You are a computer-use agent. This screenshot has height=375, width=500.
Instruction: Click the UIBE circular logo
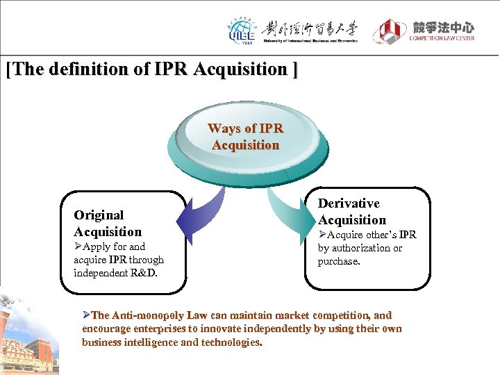coord(242,31)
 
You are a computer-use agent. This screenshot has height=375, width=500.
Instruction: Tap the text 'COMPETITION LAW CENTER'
coord(442,38)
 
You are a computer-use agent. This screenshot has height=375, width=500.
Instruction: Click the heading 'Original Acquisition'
coord(108,224)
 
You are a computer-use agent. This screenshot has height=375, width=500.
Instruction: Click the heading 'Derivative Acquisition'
coord(351,212)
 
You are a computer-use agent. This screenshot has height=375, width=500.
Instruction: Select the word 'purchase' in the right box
coord(340,261)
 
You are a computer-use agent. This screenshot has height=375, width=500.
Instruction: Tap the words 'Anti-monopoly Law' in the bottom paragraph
coord(157,315)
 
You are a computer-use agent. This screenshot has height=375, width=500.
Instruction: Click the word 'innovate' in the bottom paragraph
coord(226,328)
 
